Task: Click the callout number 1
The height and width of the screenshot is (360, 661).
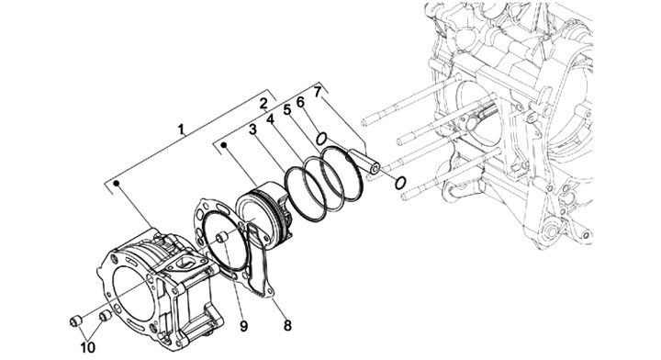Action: click(182, 129)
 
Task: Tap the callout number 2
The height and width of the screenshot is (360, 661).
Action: click(263, 103)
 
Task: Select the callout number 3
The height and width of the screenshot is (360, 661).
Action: click(253, 129)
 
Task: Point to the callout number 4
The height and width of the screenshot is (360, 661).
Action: click(270, 119)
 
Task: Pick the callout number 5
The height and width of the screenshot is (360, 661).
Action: click(287, 110)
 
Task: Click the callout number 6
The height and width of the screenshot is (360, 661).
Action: click(300, 102)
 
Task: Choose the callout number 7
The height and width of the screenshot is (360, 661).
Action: click(318, 91)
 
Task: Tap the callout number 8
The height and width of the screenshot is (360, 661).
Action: click(287, 325)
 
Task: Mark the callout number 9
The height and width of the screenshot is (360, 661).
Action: click(243, 326)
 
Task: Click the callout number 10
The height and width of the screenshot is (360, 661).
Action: click(88, 348)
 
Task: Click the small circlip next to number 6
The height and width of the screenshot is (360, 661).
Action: click(321, 138)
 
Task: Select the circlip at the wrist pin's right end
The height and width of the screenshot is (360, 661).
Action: click(400, 183)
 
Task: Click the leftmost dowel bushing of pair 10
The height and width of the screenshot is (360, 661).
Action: click(75, 321)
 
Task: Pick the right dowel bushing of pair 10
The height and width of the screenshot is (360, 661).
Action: click(104, 315)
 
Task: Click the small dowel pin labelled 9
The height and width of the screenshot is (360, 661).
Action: click(222, 237)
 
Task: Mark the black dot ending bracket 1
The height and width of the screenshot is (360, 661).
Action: click(118, 184)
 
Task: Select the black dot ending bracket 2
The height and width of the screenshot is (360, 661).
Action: click(224, 146)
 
